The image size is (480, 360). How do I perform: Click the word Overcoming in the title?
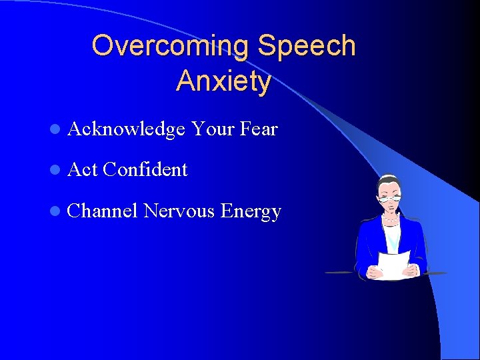171,46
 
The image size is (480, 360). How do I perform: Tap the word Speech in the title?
307,46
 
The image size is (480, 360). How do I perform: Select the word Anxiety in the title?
224,81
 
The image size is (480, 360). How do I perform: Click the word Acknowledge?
126,129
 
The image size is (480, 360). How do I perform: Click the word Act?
83,170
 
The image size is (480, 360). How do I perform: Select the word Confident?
146,170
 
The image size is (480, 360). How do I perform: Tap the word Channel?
103,211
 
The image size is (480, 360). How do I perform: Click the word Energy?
251,212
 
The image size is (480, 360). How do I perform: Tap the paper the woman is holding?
393,264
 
